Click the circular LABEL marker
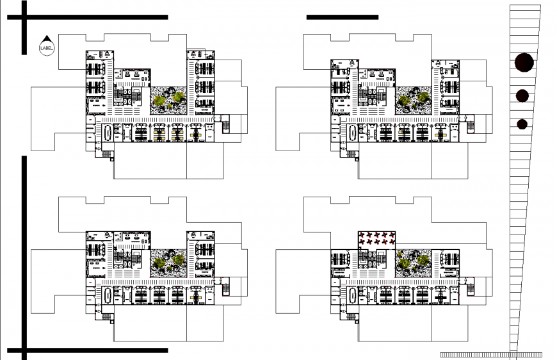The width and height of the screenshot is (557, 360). [47, 47]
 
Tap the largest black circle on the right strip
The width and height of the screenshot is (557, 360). [524, 62]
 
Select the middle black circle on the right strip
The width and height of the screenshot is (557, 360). [523, 96]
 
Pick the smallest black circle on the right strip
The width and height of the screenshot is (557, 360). [522, 124]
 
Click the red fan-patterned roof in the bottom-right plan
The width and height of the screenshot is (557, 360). [376, 238]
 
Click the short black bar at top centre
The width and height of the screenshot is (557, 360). [342, 17]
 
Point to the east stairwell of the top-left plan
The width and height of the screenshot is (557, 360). [225, 125]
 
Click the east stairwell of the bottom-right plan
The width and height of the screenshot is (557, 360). [470, 288]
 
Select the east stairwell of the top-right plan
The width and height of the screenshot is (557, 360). [470, 125]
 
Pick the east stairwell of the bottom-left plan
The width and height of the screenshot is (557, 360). [225, 288]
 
